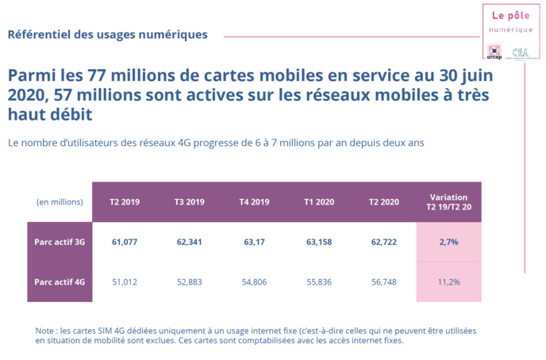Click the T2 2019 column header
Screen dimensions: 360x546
[x=125, y=202]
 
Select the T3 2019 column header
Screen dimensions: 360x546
[x=190, y=202]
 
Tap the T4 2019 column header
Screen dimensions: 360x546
[x=254, y=202]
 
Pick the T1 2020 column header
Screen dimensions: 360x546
[x=319, y=202]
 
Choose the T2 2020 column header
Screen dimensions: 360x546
[x=384, y=202]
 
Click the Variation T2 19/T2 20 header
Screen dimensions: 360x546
[x=448, y=202]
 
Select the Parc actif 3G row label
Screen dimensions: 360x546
[x=60, y=241]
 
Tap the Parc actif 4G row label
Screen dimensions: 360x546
[x=60, y=281]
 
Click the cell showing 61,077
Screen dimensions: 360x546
[x=125, y=241]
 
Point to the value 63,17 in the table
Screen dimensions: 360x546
[x=254, y=241]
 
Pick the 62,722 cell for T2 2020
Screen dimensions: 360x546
[x=384, y=241]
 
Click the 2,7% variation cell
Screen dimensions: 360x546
[x=448, y=241]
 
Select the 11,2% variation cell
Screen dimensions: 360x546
[x=448, y=281]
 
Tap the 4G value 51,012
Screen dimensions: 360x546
[x=125, y=281]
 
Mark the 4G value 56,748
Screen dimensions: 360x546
[x=384, y=281]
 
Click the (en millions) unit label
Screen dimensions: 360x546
[x=60, y=202]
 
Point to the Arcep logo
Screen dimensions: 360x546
[x=494, y=52]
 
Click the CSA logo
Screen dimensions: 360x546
[x=520, y=52]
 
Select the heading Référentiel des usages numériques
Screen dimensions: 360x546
[x=108, y=35]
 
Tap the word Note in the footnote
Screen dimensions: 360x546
[x=46, y=330]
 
